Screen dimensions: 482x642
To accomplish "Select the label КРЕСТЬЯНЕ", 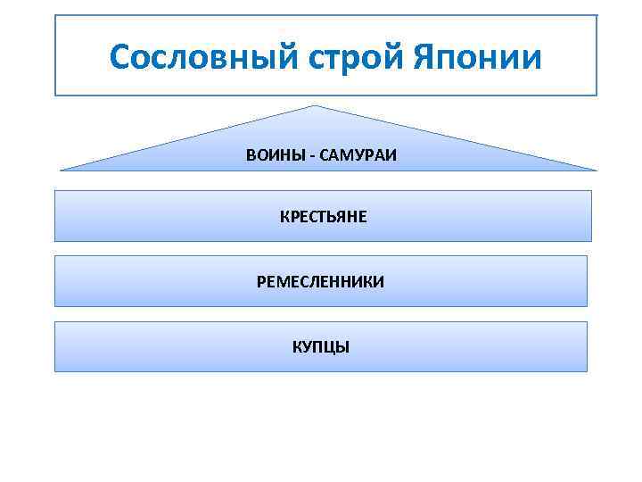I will point(323,217).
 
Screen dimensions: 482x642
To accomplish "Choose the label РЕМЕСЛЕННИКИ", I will point(321,282).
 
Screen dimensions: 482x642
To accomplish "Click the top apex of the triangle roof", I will point(314,105).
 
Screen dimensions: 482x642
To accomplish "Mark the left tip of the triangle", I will point(61,170).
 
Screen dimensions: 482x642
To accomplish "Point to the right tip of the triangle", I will point(596,170).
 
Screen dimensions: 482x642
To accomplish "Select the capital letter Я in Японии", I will point(426,58).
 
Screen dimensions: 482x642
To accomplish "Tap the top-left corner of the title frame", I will point(55,15).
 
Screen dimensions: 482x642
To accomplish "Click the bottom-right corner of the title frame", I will point(597,95).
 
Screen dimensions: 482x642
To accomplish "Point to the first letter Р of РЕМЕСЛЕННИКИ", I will point(261,282).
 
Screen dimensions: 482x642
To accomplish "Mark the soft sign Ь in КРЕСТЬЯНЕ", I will point(331,217).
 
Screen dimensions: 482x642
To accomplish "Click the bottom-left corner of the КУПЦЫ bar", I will point(55,371).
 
